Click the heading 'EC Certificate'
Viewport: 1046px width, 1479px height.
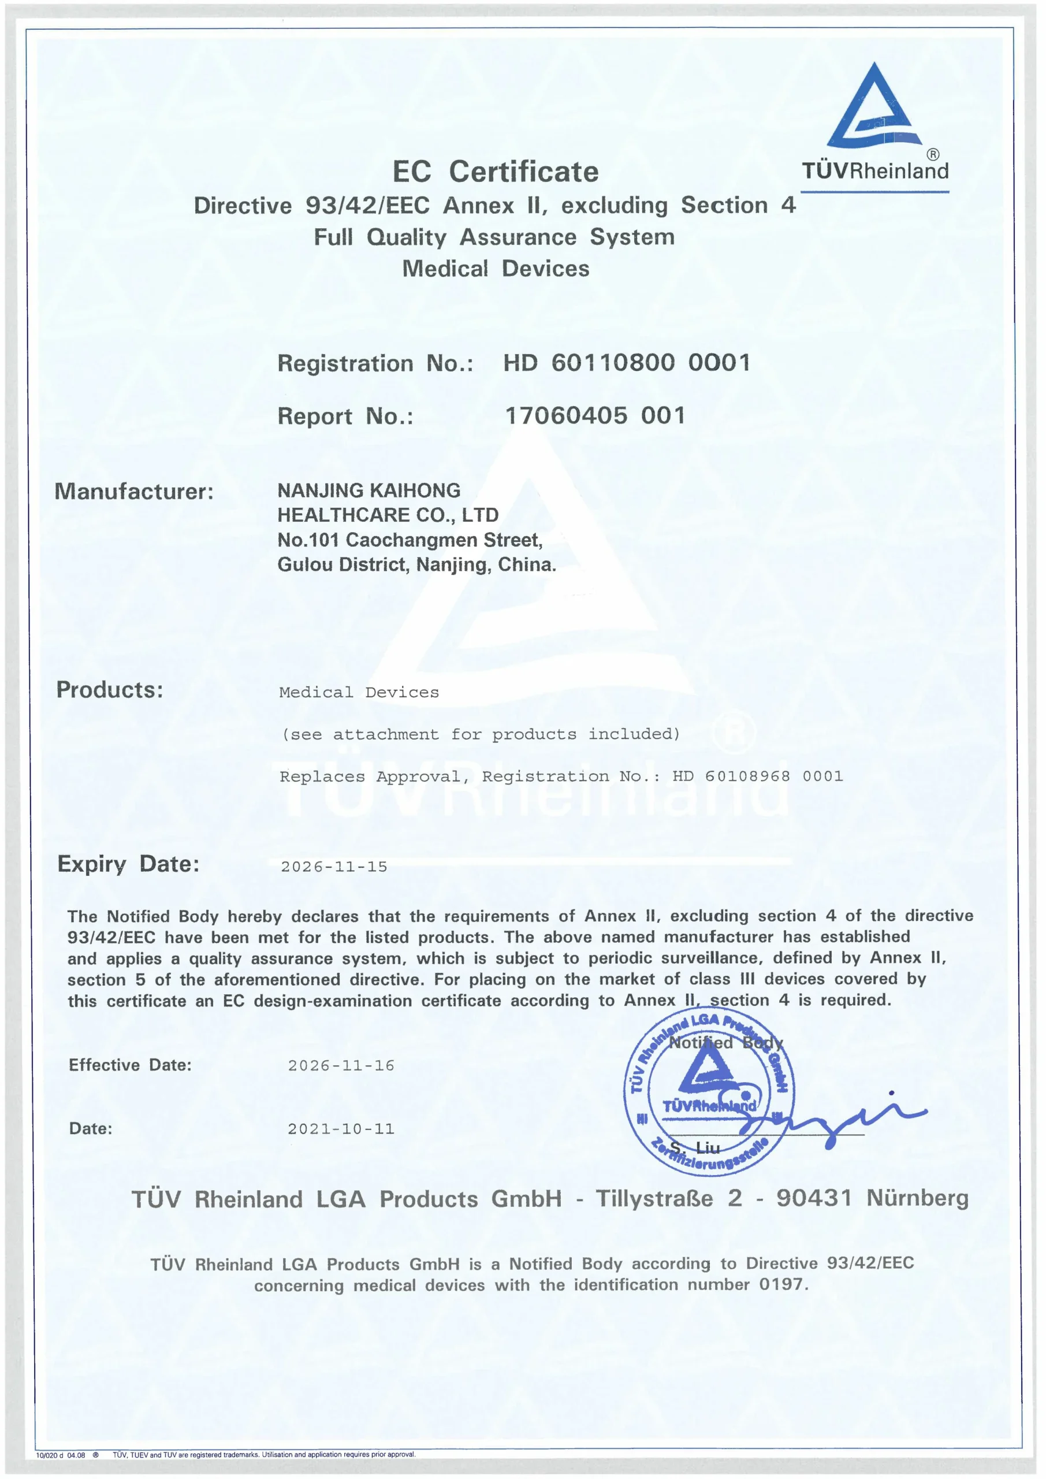click(496, 172)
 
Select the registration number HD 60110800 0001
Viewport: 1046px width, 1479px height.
click(627, 363)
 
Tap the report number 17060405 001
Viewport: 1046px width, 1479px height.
click(595, 416)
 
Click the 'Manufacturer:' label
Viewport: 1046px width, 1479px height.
click(134, 492)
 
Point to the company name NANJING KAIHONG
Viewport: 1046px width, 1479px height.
click(368, 491)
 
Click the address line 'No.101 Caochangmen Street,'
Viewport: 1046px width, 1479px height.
click(410, 540)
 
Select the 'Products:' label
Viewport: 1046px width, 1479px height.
click(110, 690)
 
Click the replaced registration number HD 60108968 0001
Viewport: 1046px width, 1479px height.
click(757, 776)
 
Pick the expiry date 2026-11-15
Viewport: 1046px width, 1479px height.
click(334, 867)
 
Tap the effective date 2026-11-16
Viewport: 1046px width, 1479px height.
click(341, 1066)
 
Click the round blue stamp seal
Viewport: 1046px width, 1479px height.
click(709, 1091)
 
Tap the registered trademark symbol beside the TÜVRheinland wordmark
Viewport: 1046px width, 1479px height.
click(933, 155)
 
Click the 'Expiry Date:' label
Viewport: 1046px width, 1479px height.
click(128, 864)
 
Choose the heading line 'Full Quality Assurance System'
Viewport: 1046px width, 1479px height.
click(494, 237)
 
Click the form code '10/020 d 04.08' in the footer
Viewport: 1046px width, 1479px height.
click(61, 1455)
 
